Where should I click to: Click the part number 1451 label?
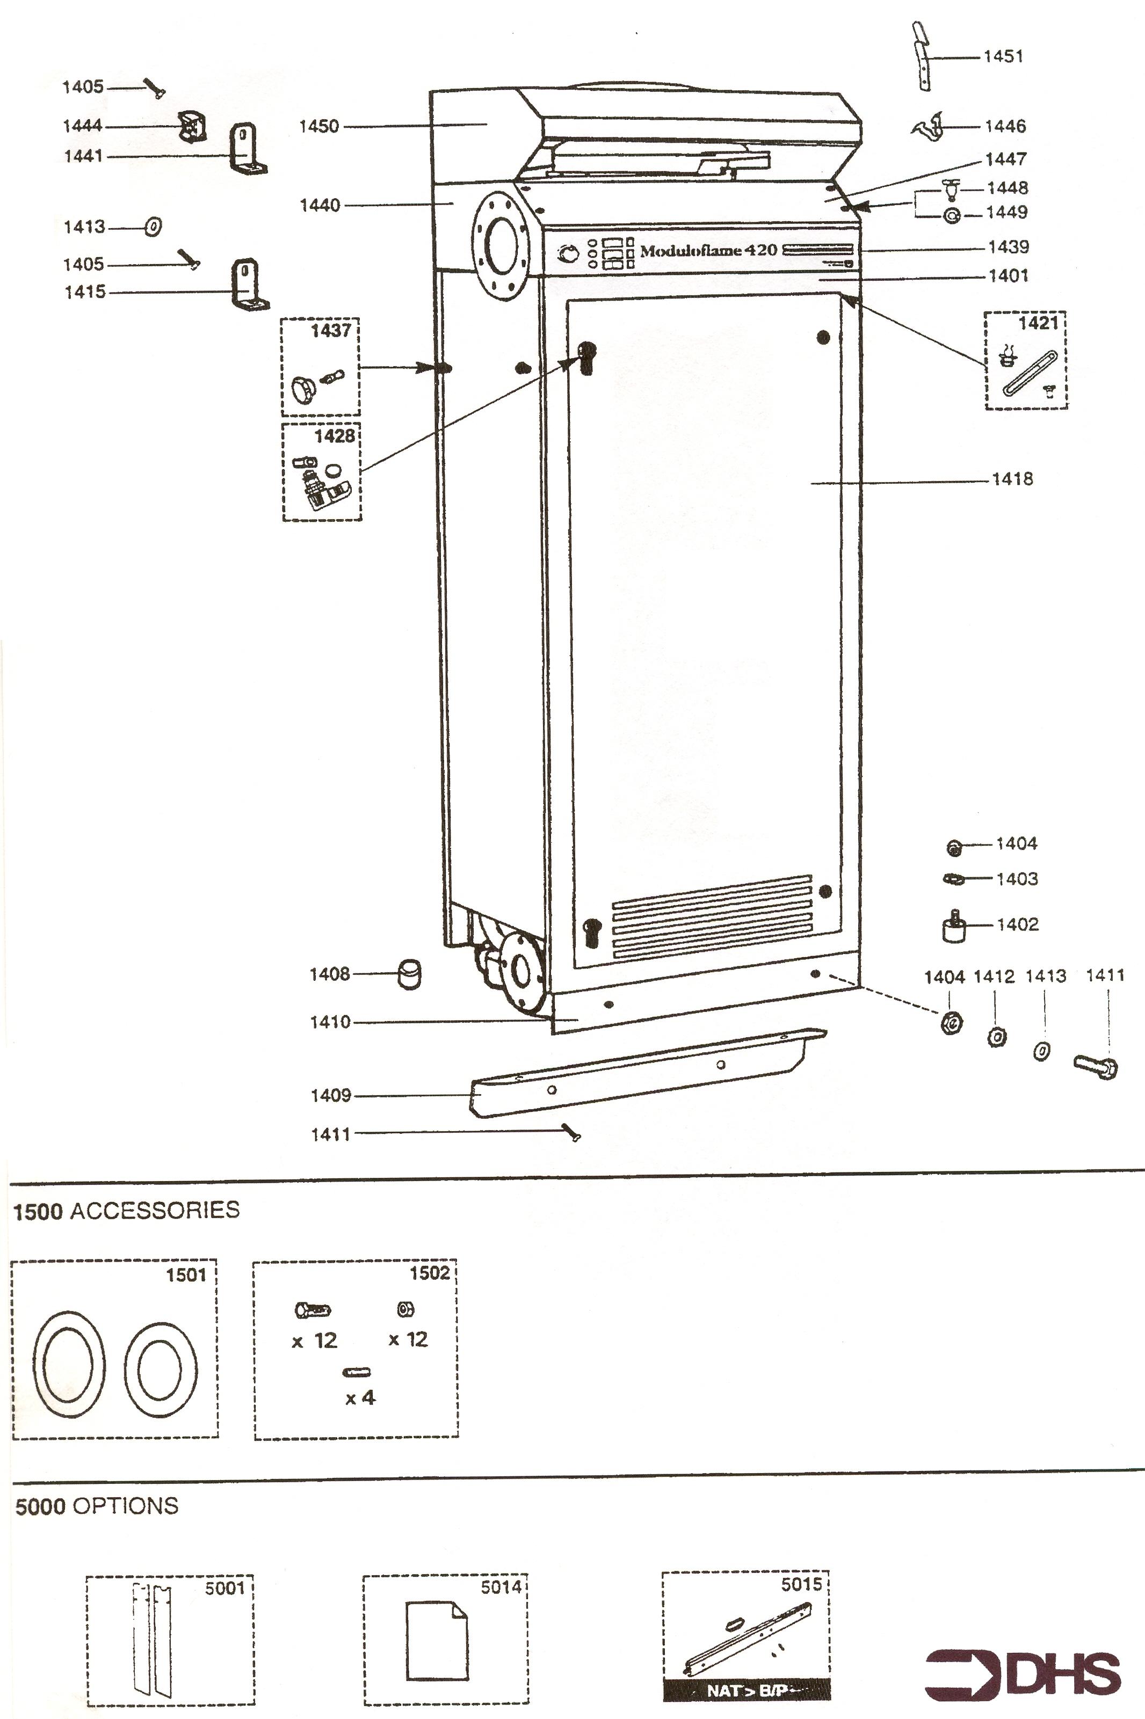[1003, 56]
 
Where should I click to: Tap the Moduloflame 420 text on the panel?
[708, 250]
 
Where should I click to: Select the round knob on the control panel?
[567, 254]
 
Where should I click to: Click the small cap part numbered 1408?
[409, 974]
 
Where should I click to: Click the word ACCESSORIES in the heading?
[155, 1210]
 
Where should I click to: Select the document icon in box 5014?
[437, 1642]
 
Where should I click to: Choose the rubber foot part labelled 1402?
[954, 927]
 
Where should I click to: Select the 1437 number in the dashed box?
[331, 331]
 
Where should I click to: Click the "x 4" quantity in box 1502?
[359, 1398]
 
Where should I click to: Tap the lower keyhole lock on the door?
[591, 934]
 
